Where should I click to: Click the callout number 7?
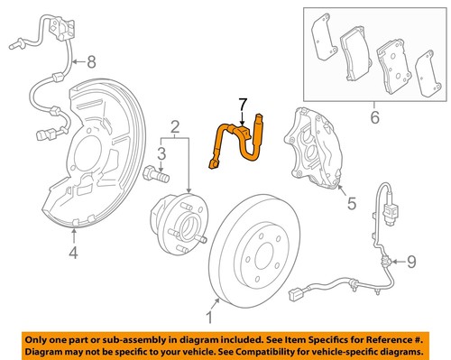241,107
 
